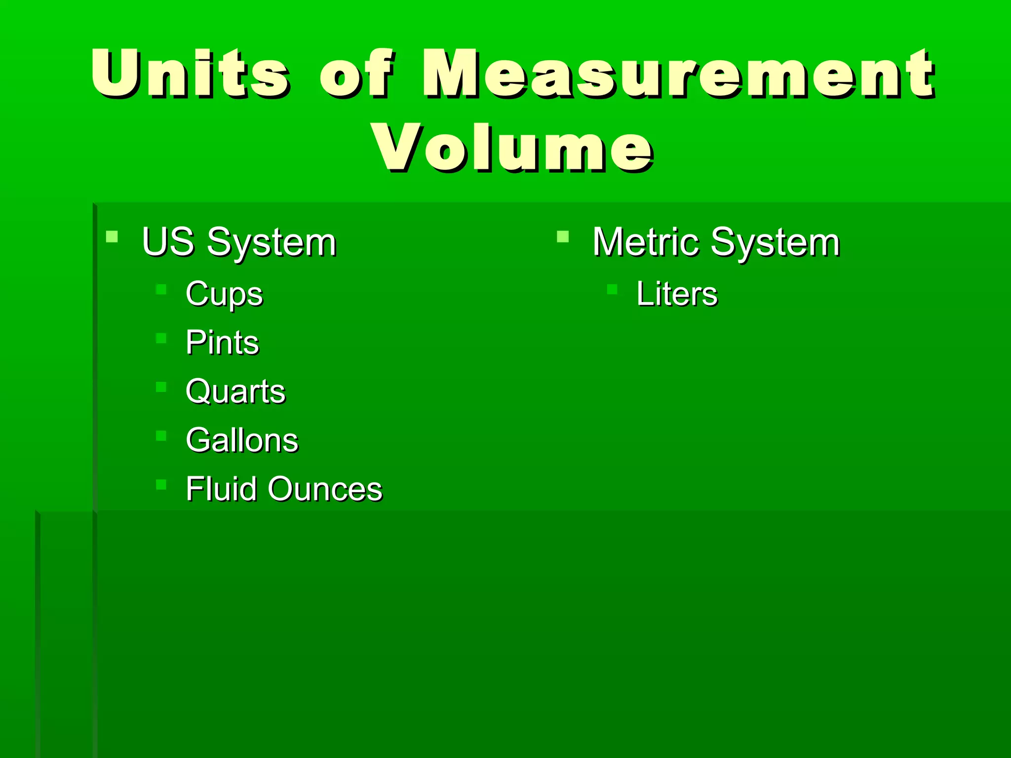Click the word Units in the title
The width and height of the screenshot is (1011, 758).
click(190, 74)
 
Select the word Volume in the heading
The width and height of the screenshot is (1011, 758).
click(513, 148)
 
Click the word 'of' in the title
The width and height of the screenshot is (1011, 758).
click(356, 74)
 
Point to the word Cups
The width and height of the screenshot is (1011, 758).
click(224, 295)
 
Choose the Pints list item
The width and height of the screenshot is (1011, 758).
click(222, 342)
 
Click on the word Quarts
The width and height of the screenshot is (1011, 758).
click(235, 391)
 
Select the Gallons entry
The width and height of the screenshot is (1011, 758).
click(242, 440)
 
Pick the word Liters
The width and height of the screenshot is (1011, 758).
click(677, 294)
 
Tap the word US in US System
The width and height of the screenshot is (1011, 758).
click(168, 242)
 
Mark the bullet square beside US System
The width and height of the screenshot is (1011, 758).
click(112, 237)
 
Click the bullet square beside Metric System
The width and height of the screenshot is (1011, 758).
click(563, 237)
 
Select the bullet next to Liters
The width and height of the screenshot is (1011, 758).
click(612, 289)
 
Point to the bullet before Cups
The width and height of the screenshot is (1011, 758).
click(161, 289)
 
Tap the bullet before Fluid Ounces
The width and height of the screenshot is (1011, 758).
click(161, 484)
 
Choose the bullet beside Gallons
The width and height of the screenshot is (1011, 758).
click(161, 435)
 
